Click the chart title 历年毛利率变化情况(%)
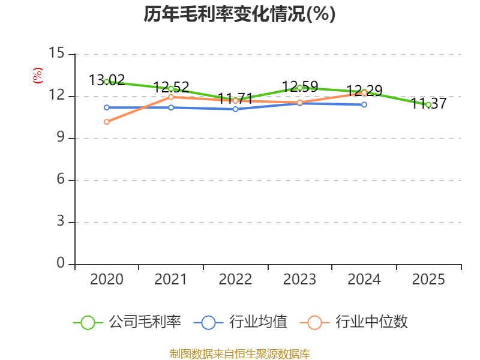(x=239, y=14)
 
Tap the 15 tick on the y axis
(x=56, y=53)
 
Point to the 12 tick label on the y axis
(x=56, y=95)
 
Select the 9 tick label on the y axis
(x=60, y=137)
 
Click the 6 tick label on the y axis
(x=60, y=179)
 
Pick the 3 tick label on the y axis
(x=60, y=221)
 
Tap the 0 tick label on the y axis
(x=60, y=263)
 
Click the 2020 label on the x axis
(x=107, y=280)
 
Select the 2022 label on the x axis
(x=235, y=280)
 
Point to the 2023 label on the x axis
(x=299, y=280)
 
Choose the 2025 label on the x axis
(x=428, y=280)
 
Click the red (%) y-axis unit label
(x=38, y=76)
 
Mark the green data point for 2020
(x=107, y=82)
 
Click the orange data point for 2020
(x=107, y=122)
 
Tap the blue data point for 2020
(x=107, y=107)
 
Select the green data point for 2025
(x=428, y=104)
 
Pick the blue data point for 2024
(x=364, y=104)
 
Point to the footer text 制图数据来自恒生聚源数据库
(x=239, y=353)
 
